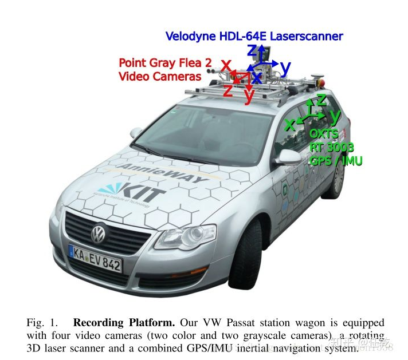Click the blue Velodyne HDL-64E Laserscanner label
(254, 36)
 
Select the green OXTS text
(324, 133)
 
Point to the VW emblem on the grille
(99, 232)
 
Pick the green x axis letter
(291, 124)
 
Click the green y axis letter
(335, 116)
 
